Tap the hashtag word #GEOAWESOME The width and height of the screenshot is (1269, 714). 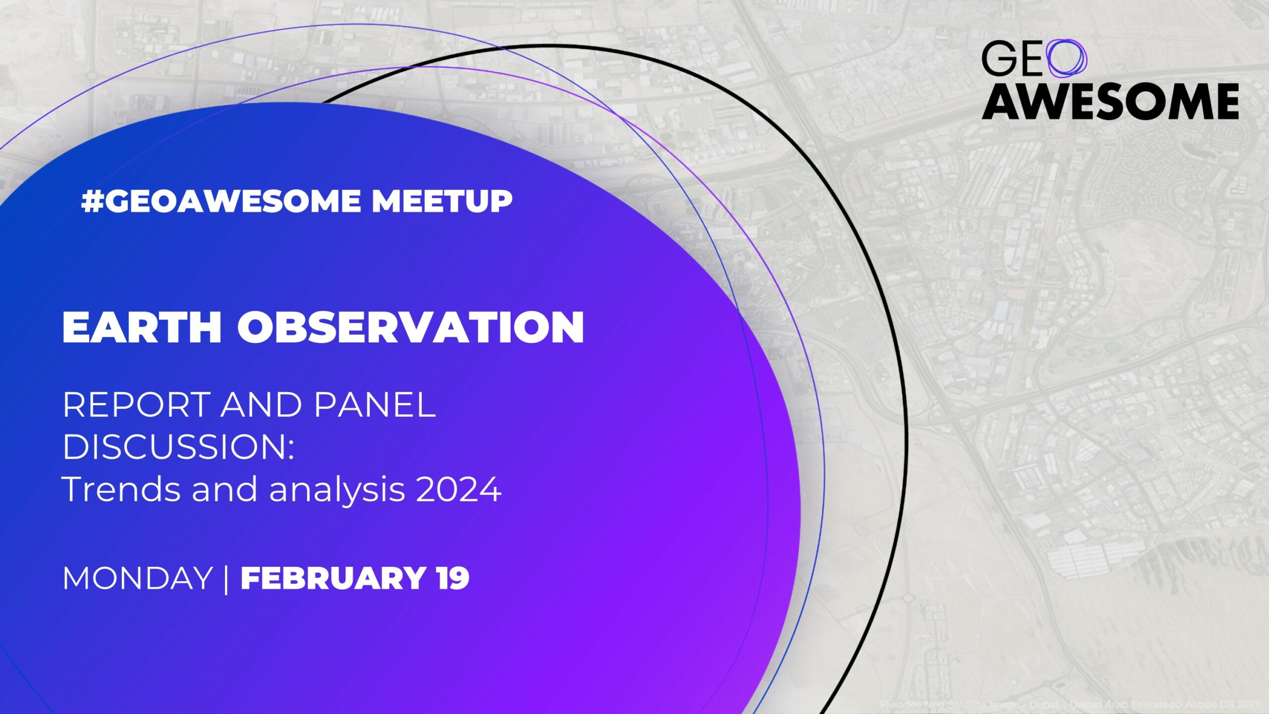[221, 201]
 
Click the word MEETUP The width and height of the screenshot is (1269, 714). [442, 201]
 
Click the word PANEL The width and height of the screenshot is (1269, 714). [375, 405]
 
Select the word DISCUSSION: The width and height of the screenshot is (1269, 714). [178, 447]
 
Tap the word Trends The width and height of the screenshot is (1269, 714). [121, 489]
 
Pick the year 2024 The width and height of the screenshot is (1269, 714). [459, 490]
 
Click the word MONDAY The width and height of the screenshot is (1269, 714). [137, 579]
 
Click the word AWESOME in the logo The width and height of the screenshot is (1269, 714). [1110, 102]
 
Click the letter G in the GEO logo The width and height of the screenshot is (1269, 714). [997, 59]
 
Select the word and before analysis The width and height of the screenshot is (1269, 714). [225, 489]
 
